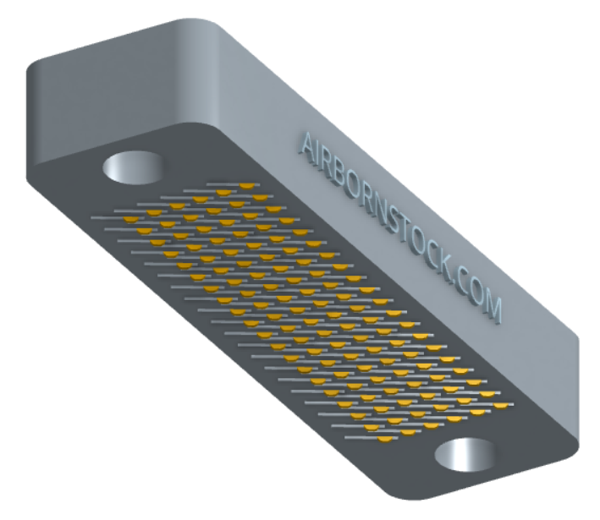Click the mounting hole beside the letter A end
click(133, 167)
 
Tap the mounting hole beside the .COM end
click(465, 455)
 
